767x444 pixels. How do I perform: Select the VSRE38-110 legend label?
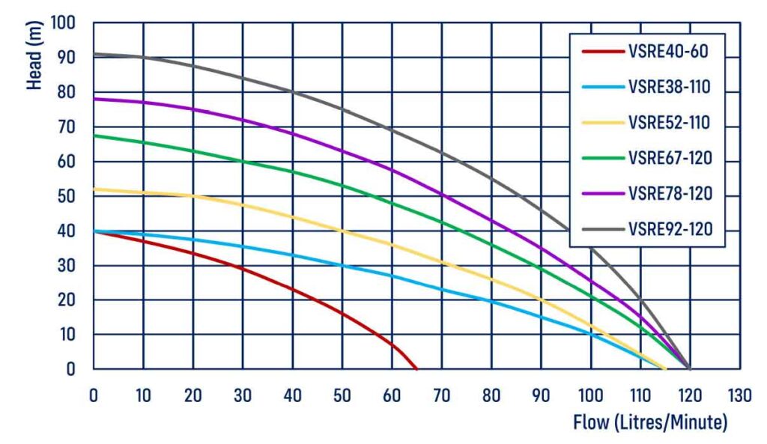click(669, 88)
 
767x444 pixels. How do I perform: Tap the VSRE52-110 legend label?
click(669, 123)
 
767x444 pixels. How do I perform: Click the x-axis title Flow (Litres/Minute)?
click(649, 422)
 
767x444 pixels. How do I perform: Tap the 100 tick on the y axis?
click(63, 23)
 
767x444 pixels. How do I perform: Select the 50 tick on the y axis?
click(67, 196)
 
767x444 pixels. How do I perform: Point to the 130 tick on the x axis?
click(739, 394)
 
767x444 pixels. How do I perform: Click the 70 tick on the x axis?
click(441, 394)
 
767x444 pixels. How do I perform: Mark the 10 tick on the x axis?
click(143, 394)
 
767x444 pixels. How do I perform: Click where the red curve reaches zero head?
click(416, 368)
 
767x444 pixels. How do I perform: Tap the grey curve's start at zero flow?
click(94, 54)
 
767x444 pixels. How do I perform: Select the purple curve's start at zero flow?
click(94, 99)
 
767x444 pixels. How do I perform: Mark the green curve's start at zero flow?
click(94, 136)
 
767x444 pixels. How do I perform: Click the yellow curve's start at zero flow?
click(94, 189)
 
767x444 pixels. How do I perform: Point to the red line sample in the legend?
click(602, 52)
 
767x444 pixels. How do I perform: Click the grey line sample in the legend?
click(602, 228)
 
